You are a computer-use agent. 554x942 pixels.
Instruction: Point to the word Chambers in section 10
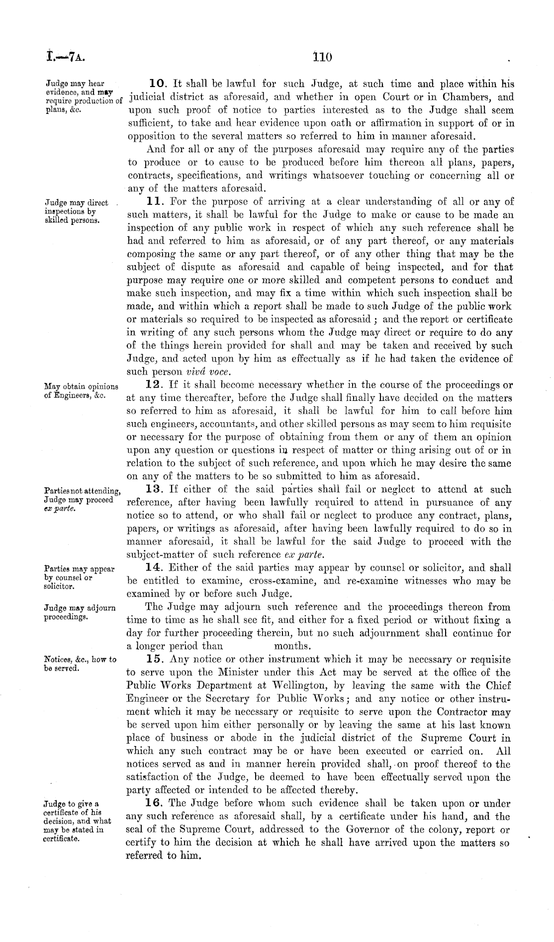coord(476,97)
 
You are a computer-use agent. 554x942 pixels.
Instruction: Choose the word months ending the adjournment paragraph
coord(293,647)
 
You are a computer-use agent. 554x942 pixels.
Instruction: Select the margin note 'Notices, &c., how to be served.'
coord(80,663)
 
